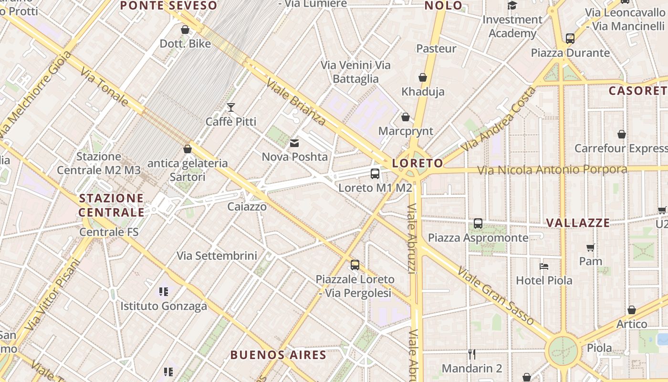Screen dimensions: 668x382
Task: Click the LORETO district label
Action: [417, 163]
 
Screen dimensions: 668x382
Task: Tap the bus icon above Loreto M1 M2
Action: [375, 174]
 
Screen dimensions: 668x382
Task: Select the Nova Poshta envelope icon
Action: [294, 143]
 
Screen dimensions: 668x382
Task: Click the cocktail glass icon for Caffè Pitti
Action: [231, 107]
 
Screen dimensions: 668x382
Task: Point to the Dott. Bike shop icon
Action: [185, 30]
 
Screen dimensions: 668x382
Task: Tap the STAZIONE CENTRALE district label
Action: [112, 205]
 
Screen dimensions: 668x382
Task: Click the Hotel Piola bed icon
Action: [544, 266]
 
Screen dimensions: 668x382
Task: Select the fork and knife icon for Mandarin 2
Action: [472, 354]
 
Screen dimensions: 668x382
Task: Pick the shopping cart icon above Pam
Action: [591, 247]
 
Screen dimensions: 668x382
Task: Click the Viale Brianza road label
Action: [296, 102]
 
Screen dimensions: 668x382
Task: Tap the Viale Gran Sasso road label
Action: [496, 296]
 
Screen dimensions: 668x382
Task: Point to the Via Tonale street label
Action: [104, 86]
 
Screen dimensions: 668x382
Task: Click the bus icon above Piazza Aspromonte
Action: [478, 223]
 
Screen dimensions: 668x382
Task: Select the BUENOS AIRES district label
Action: [278, 355]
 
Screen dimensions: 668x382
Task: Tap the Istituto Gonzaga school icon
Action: [164, 291]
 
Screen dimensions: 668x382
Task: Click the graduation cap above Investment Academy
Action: [512, 6]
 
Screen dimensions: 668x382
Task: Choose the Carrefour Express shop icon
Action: [621, 134]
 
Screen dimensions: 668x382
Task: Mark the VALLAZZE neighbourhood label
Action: [578, 223]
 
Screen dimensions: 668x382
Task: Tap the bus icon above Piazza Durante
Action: [570, 38]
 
